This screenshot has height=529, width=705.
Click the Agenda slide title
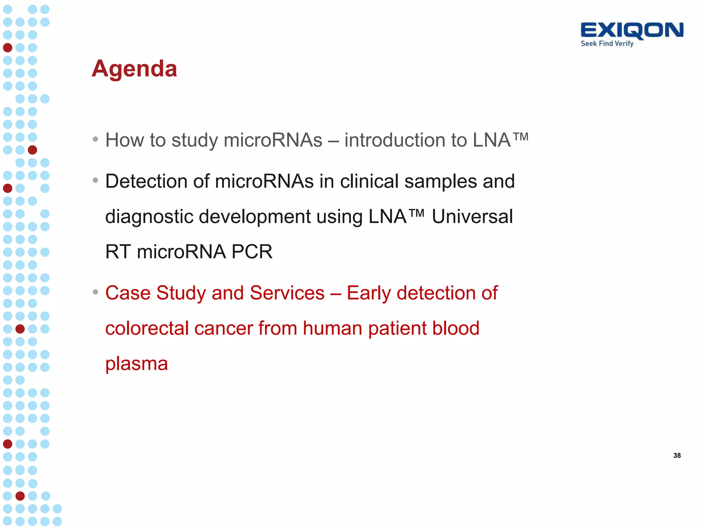[x=134, y=69]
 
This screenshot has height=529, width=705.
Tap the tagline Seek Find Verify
[x=607, y=44]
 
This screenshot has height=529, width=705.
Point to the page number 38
[x=677, y=455]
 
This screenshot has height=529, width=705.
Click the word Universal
[x=472, y=217]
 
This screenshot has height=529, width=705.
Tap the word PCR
[x=252, y=252]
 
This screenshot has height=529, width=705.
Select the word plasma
[x=136, y=364]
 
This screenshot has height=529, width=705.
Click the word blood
[x=456, y=328]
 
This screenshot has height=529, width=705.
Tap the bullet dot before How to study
[x=95, y=139]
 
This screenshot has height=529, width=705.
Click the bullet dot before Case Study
[x=95, y=292]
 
